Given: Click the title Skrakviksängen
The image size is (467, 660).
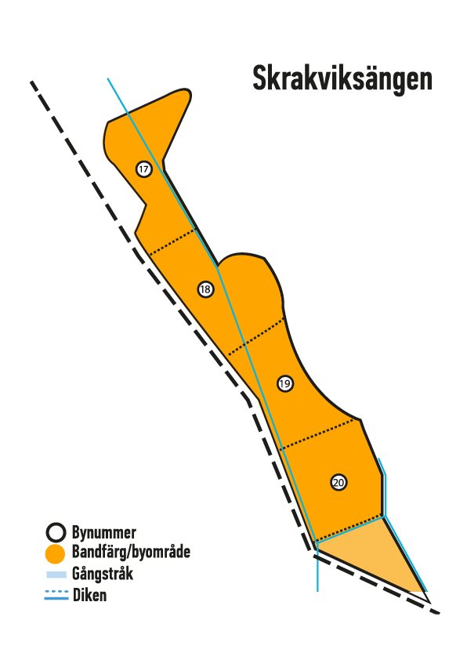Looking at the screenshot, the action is [342, 78].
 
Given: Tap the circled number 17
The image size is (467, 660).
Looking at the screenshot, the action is [144, 169].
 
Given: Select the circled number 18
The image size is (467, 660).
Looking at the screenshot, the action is [205, 289].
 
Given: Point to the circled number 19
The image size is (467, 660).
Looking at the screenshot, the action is [285, 383].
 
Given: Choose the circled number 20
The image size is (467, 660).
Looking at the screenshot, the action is [338, 482].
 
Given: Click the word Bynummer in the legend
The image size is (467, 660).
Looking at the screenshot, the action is [104, 532].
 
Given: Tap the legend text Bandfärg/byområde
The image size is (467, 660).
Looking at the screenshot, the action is [131, 552].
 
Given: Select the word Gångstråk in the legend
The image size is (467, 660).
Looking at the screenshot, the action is [103, 573].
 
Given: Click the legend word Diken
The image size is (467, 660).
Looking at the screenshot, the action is [89, 595].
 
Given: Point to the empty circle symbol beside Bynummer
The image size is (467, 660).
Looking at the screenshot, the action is [56, 532].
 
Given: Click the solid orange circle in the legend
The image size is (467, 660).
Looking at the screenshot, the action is [55, 553].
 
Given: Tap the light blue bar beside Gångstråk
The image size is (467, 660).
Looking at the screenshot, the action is [56, 575].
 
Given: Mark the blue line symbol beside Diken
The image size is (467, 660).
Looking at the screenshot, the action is [56, 594].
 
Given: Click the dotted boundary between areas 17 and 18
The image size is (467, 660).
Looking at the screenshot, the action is [172, 242].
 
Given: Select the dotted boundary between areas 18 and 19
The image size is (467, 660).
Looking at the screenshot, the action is [255, 337].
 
